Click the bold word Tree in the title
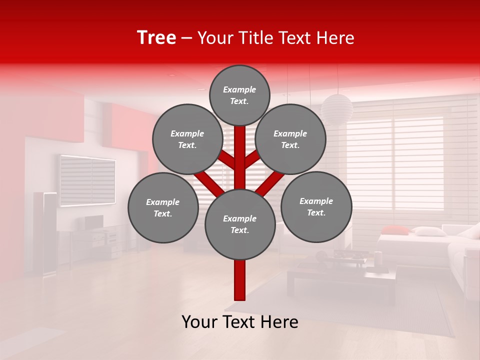click(156, 37)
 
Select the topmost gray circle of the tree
click(239, 95)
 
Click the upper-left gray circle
click(187, 139)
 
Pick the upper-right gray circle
click(290, 139)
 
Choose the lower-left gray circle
click(163, 207)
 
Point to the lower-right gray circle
click(316, 206)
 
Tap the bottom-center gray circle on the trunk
click(240, 224)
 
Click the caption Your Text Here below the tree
click(240, 322)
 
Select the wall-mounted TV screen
click(87, 180)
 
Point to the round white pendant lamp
click(336, 107)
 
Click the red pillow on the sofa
click(395, 229)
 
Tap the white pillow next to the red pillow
click(428, 231)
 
